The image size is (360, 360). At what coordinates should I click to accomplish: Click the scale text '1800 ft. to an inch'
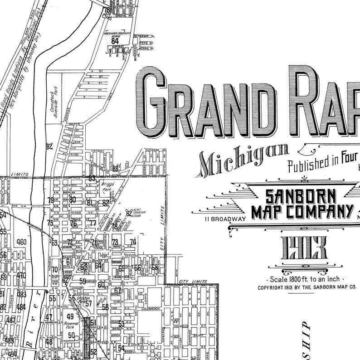[x=308, y=279]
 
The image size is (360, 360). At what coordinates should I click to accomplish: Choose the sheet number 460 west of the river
[x=21, y=242]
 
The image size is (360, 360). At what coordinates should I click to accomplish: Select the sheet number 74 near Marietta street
[x=133, y=242]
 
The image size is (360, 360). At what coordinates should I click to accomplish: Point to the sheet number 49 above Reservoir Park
[x=70, y=316]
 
